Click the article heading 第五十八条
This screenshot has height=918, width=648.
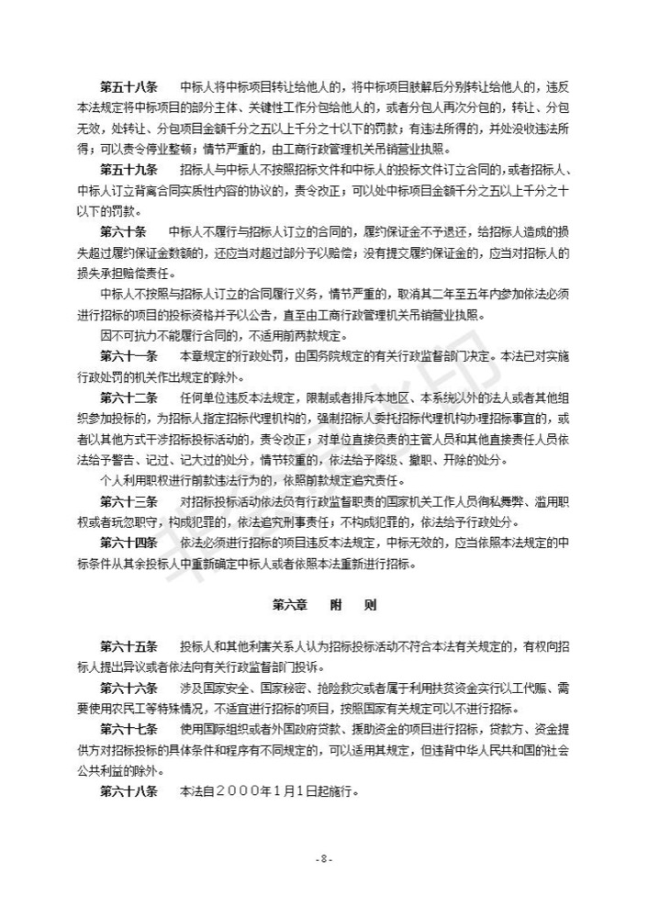129,87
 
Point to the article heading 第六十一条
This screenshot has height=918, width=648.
129,355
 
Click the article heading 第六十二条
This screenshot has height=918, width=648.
129,397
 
